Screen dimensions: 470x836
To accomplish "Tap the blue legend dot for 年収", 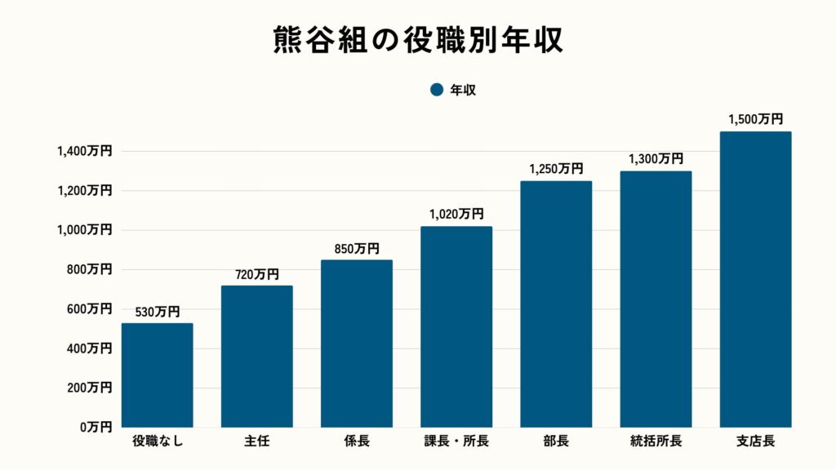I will pos(436,90).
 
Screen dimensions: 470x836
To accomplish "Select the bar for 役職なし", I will pos(158,375).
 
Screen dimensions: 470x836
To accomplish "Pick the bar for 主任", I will pos(257,357).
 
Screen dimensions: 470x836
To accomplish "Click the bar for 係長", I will pos(357,344).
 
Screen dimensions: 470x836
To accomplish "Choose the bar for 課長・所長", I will pos(456,326).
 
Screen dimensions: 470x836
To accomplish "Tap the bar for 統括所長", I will pos(656,299).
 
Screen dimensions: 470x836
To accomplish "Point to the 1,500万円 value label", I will pos(755,119).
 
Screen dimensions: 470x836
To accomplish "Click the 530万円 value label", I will pos(158,311).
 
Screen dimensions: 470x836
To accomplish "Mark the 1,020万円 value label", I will pos(456,214).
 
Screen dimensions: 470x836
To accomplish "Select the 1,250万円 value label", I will pos(556,169).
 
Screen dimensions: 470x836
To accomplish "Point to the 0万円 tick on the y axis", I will pos(96,427).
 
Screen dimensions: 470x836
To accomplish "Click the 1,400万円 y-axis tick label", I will pos(84,151).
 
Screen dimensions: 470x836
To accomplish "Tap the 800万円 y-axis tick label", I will pos(90,269).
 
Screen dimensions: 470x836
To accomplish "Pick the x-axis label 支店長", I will pos(755,442).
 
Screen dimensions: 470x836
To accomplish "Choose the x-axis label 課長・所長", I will pos(456,442).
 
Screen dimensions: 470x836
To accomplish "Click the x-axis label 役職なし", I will pos(158,442).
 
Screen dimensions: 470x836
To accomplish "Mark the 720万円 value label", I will pos(257,273).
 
